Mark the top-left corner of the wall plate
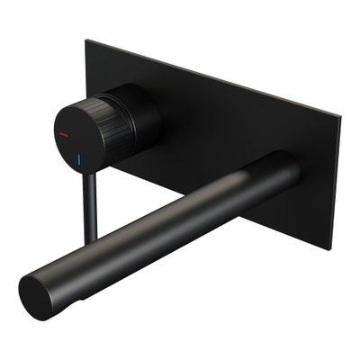tap(88, 40)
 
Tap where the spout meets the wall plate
tap(286, 168)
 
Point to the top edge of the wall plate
tap(216, 76)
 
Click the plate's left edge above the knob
tap(87, 63)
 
